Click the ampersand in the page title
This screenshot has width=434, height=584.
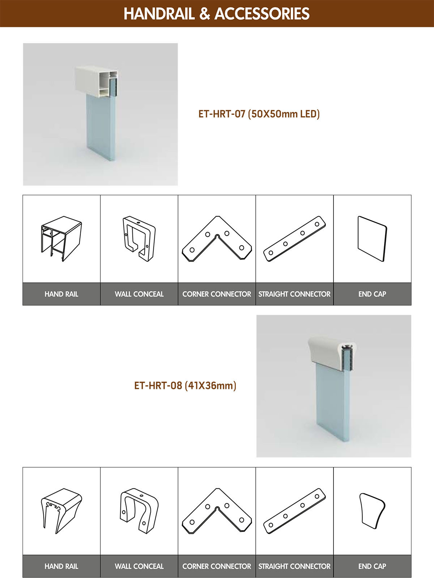click(x=205, y=14)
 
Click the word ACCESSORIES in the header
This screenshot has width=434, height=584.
click(x=262, y=14)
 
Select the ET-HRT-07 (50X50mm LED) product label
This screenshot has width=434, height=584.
click(x=259, y=114)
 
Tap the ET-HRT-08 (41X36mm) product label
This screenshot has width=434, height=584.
click(x=185, y=385)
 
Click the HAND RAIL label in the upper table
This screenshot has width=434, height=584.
click(x=61, y=294)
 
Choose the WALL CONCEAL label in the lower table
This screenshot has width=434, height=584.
click(x=139, y=566)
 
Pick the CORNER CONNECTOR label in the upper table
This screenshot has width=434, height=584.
click(x=217, y=294)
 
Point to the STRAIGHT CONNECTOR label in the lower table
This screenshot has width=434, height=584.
click(x=294, y=566)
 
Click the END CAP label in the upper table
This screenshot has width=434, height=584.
click(x=372, y=294)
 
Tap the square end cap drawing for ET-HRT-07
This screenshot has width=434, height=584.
click(x=372, y=239)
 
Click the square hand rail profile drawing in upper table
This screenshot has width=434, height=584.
click(x=61, y=239)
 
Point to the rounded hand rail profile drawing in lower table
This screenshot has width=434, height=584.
click(x=61, y=511)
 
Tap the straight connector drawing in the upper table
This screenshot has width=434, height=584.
click(x=294, y=239)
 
